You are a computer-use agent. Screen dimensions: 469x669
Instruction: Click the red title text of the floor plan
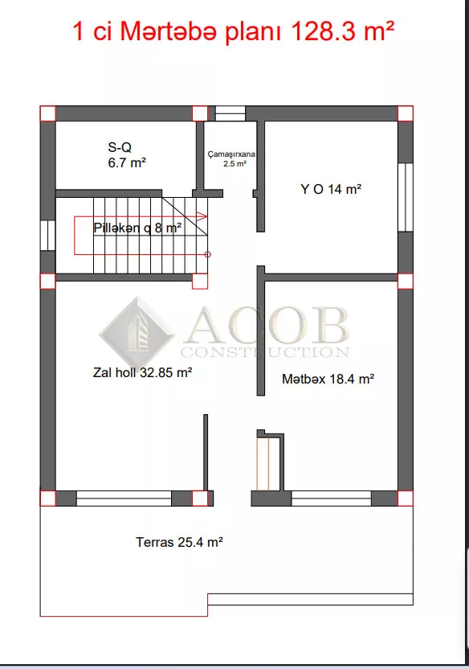(234, 32)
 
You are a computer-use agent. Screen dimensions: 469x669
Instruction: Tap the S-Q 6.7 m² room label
(127, 155)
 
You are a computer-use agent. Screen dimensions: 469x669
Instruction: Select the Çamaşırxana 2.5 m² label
(231, 158)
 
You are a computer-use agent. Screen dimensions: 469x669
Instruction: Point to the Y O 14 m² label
(331, 189)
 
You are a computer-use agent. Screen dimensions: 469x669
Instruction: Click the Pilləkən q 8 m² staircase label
(137, 228)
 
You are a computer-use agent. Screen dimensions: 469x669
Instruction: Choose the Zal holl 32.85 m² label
(142, 372)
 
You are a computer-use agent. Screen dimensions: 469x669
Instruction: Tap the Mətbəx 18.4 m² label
(328, 379)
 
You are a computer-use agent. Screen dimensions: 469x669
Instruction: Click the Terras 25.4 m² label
(179, 542)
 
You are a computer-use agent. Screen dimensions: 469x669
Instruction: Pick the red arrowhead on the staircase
(202, 217)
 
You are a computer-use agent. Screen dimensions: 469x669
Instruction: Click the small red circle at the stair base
(208, 255)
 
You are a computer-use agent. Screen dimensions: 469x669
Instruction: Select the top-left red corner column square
(47, 113)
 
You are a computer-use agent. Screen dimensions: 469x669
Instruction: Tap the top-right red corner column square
(406, 113)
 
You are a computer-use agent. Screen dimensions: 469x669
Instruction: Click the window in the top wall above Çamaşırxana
(230, 113)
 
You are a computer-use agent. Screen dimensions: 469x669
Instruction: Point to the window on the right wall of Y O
(406, 197)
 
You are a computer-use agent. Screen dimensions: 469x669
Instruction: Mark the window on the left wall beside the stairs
(47, 235)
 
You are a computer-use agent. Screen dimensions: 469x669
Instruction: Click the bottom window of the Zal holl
(124, 499)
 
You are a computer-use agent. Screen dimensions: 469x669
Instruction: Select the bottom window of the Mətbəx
(332, 499)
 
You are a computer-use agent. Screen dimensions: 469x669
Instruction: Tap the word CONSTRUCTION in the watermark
(265, 352)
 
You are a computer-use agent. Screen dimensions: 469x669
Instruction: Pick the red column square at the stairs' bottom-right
(200, 281)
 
